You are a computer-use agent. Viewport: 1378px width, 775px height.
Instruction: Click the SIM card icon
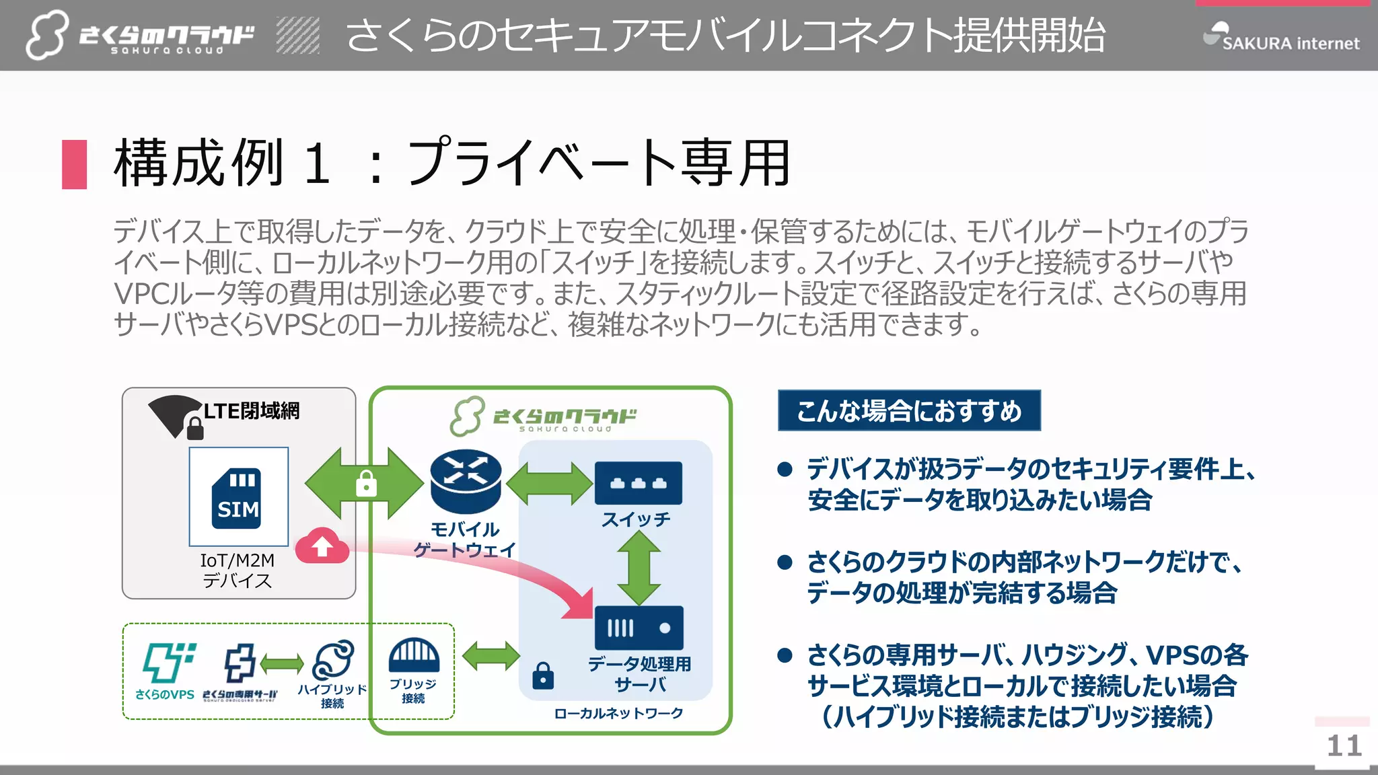click(x=238, y=498)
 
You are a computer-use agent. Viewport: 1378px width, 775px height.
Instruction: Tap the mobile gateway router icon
click(x=466, y=480)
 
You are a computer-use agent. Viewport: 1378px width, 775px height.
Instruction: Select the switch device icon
click(x=638, y=483)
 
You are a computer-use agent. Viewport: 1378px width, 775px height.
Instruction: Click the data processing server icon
click(x=639, y=628)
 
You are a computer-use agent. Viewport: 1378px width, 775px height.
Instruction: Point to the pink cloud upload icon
click(x=322, y=546)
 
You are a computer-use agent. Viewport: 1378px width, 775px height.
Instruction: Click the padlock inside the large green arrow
click(x=366, y=483)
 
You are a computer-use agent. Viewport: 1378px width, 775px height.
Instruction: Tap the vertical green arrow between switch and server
click(x=638, y=568)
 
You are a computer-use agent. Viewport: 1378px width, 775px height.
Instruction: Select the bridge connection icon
click(x=414, y=655)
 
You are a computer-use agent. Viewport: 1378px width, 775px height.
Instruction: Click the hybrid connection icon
click(x=333, y=659)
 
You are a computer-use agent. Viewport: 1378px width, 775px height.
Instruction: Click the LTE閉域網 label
click(x=252, y=410)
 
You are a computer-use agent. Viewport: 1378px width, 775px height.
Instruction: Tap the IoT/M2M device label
click(x=237, y=570)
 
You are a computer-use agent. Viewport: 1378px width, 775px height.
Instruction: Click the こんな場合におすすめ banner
click(x=909, y=410)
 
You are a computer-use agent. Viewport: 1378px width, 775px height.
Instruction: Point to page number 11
click(x=1344, y=745)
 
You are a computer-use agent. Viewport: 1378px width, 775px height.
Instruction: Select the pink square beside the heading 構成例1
click(x=74, y=164)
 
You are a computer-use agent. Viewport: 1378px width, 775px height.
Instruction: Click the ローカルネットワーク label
click(x=618, y=713)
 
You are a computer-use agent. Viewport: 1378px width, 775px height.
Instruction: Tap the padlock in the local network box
click(x=543, y=675)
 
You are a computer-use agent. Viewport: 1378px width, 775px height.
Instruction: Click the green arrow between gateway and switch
click(x=549, y=483)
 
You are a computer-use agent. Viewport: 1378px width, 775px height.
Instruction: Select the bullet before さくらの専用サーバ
click(x=785, y=655)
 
